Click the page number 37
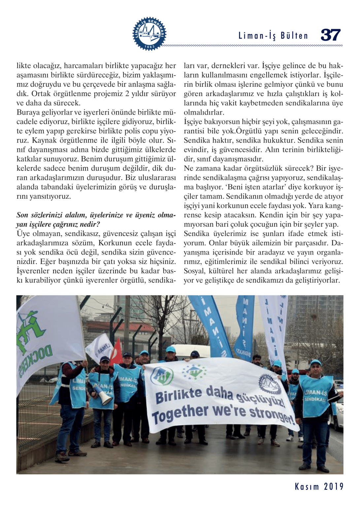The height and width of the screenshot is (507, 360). pyautogui.click(x=330, y=35)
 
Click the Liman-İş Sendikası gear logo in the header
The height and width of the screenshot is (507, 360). pyautogui.click(x=149, y=34)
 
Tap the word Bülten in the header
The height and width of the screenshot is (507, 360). pyautogui.click(x=294, y=36)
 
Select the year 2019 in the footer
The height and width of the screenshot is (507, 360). pyautogui.click(x=334, y=487)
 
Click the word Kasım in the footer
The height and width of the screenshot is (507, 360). pyautogui.click(x=307, y=487)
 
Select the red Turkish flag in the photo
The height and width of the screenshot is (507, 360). pyautogui.click(x=116, y=353)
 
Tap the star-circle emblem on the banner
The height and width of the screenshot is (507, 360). pyautogui.click(x=194, y=372)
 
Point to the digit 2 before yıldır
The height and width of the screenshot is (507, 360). pyautogui.click(x=127, y=94)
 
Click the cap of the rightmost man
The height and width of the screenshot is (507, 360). pyautogui.click(x=315, y=363)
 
